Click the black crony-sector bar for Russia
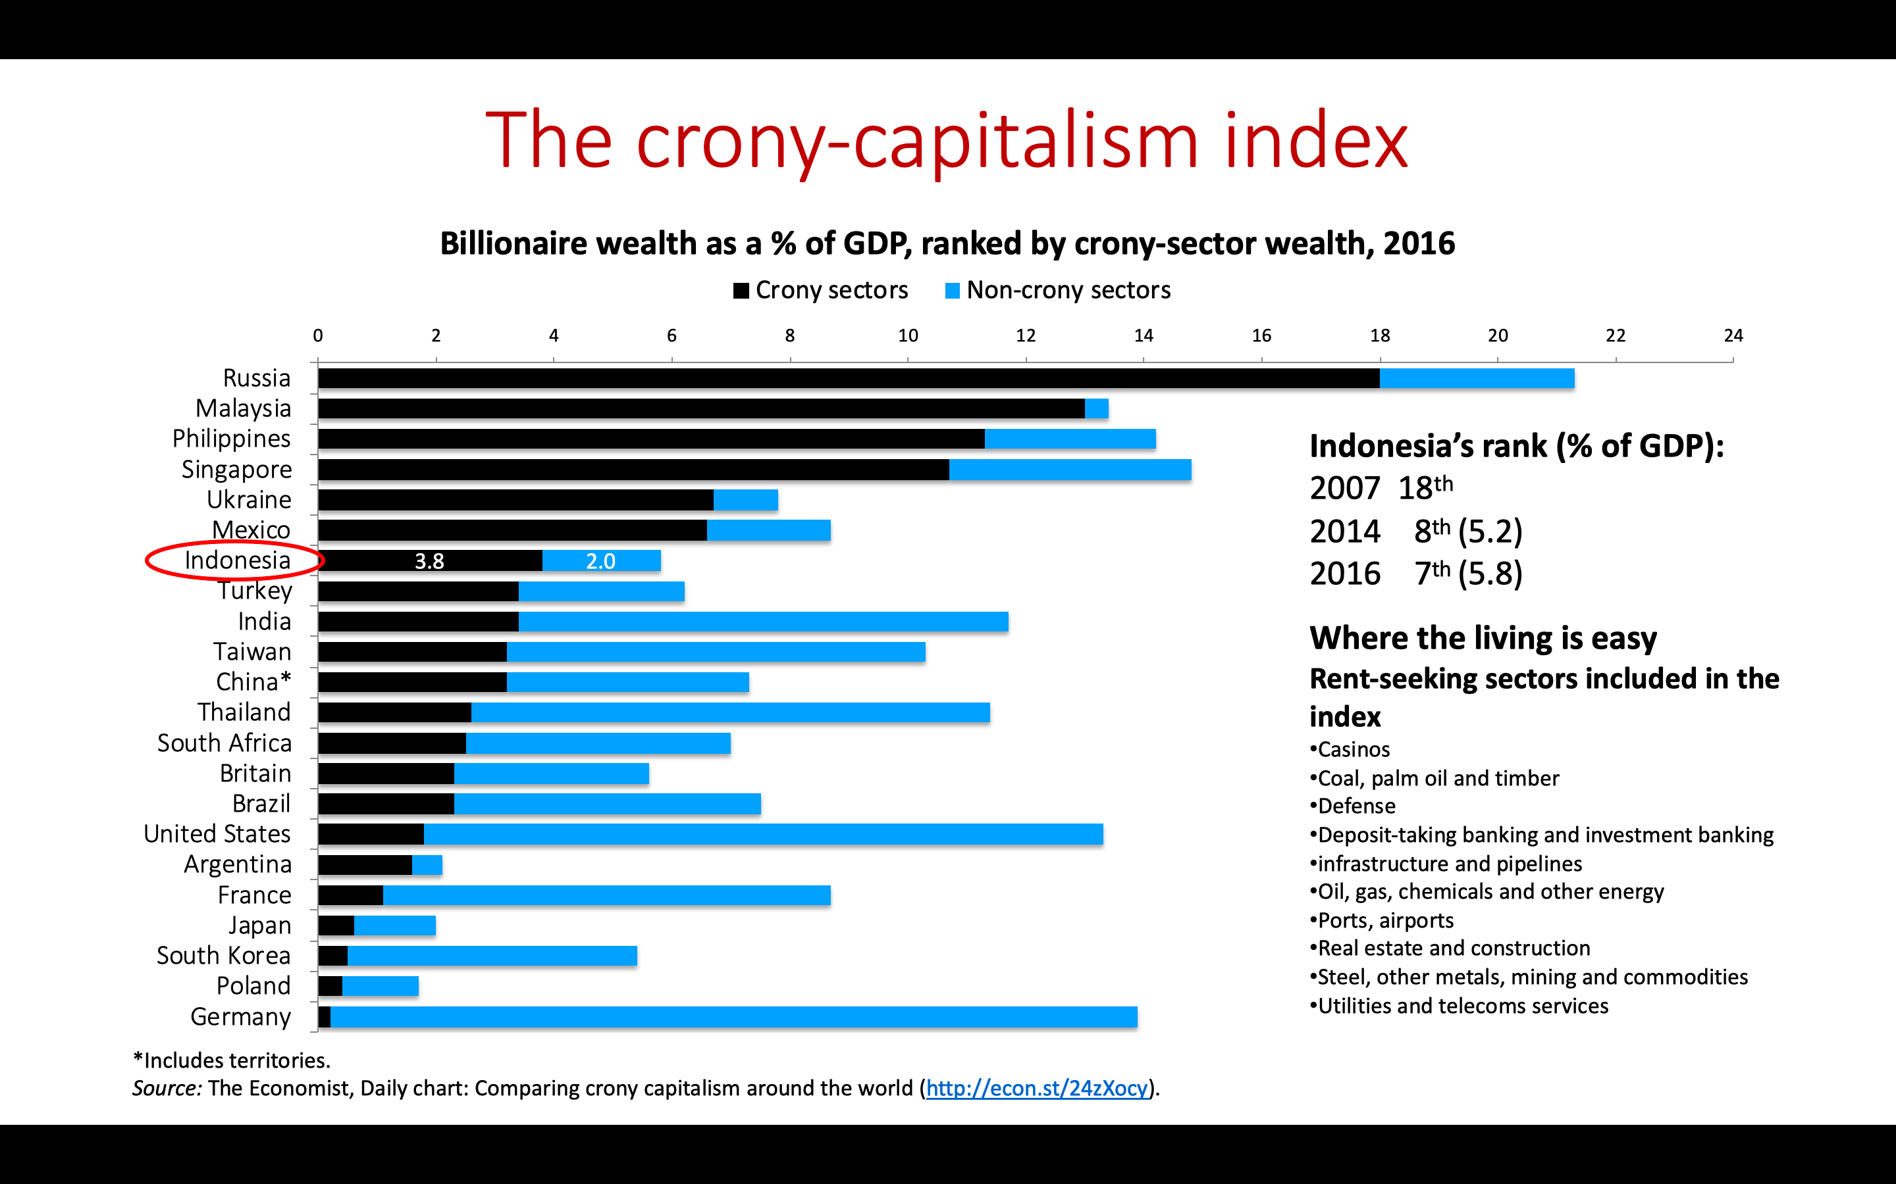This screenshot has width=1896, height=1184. tap(848, 378)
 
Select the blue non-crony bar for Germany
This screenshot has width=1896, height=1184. tap(733, 1016)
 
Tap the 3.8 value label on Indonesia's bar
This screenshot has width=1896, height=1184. tap(429, 560)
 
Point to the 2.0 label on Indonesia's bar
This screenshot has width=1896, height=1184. tap(601, 560)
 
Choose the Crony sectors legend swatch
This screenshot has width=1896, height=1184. tap(741, 291)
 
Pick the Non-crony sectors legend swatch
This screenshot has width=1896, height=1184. tap(952, 291)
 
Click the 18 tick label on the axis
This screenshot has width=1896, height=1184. tap(1380, 336)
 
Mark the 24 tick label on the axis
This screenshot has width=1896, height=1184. tap(1733, 336)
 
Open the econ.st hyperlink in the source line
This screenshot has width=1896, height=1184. tap(1036, 1088)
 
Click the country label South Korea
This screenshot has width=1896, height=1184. tap(223, 955)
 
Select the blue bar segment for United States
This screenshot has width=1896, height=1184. tap(763, 834)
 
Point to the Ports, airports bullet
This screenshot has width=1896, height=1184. tap(1384, 920)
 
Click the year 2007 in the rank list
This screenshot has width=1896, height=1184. tap(1344, 489)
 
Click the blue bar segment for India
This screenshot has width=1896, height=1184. tap(763, 622)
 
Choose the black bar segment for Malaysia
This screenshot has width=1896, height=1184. tap(701, 408)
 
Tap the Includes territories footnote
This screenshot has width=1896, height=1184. tap(232, 1060)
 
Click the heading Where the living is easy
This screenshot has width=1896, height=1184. tap(1483, 638)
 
